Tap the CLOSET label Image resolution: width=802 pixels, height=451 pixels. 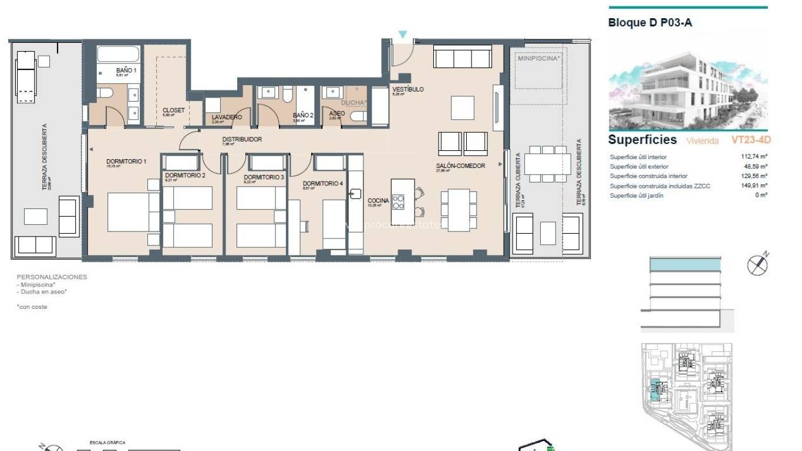[x=174, y=110]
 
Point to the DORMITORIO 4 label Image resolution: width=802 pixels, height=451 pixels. [x=323, y=183]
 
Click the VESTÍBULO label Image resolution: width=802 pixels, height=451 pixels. [x=407, y=89]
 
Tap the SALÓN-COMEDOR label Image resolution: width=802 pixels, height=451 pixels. [x=460, y=166]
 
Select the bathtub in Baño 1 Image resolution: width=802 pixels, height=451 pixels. [x=119, y=55]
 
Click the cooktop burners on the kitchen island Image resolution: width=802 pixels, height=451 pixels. [x=398, y=201]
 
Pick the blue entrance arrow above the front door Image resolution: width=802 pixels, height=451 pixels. [x=402, y=35]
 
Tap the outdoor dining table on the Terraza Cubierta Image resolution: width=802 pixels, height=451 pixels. [x=547, y=163]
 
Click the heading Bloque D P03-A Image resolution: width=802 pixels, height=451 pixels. [x=650, y=23]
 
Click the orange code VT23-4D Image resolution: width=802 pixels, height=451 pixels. [x=750, y=140]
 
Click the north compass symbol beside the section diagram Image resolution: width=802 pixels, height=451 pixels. [x=758, y=265]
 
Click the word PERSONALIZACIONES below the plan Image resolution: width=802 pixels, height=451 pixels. [x=52, y=277]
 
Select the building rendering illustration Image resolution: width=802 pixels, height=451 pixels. [x=688, y=88]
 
